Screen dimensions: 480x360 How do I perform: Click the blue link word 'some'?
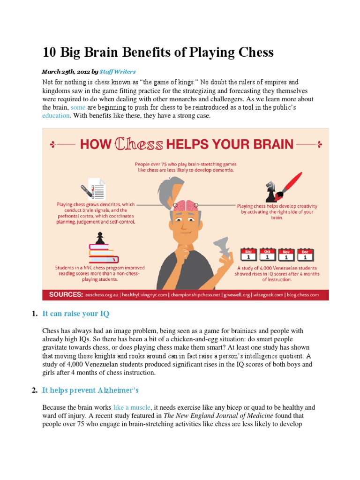tap(78, 107)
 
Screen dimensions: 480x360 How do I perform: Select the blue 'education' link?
tap(56, 116)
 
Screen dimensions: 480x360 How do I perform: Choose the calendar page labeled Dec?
tap(305, 255)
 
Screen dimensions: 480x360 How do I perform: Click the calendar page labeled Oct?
tap(268, 255)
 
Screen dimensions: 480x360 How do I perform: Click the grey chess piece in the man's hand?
tap(219, 248)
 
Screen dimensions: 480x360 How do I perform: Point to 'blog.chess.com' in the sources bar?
tap(300, 295)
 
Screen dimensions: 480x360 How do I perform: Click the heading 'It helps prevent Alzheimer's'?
tap(90, 390)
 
